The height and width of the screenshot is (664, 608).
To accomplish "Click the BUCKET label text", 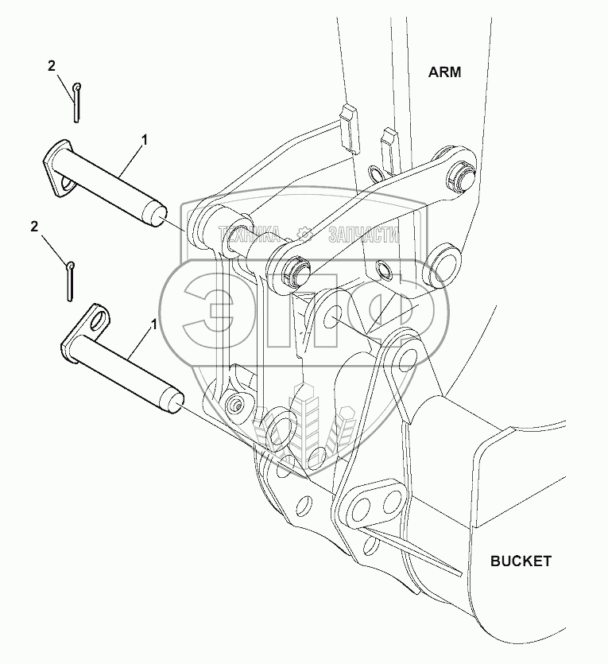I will pyautogui.click(x=520, y=561).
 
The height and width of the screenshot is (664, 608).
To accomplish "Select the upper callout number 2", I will pyautogui.click(x=52, y=67).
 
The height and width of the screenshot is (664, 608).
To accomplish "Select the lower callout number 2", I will pyautogui.click(x=34, y=227).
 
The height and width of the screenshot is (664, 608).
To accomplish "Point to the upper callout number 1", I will pyautogui.click(x=145, y=140).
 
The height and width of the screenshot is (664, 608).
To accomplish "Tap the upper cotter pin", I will pyautogui.click(x=75, y=103).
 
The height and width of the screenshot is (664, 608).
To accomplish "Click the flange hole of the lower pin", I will pyautogui.click(x=100, y=323).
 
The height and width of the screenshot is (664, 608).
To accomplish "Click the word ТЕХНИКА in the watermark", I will pyautogui.click(x=249, y=233).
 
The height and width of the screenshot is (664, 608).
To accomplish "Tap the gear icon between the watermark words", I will pyautogui.click(x=304, y=233).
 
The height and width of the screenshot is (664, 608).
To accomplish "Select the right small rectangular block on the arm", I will pyautogui.click(x=388, y=142).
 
